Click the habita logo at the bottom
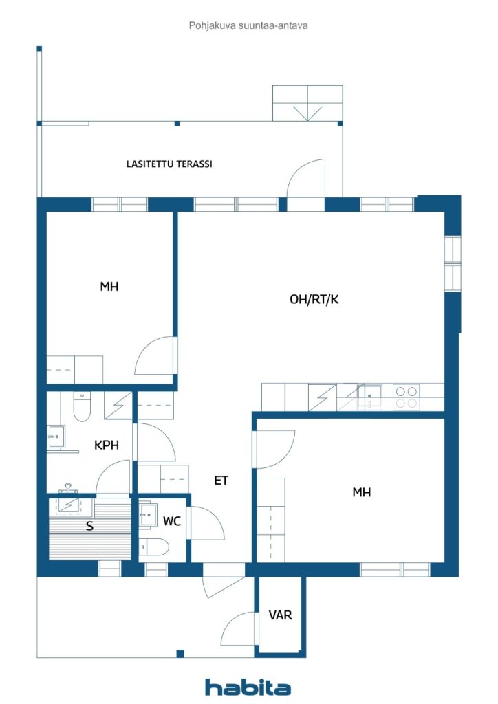[248, 687]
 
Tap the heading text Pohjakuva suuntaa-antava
[248, 25]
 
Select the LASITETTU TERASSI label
[169, 164]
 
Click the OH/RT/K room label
[314, 299]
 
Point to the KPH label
[107, 445]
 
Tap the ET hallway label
[221, 481]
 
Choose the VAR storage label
[281, 615]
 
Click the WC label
[172, 521]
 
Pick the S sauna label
[89, 527]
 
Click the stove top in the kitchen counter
[406, 397]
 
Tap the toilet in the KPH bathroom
[82, 406]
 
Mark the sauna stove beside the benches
[69, 503]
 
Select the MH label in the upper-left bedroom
[109, 287]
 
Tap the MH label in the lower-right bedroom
[362, 492]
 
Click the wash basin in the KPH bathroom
[56, 436]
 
